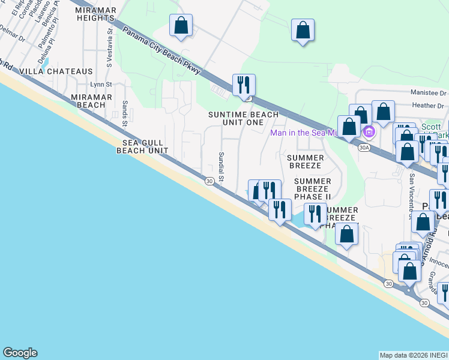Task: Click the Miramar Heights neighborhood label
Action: tap(95, 14)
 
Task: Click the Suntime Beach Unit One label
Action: tap(243, 118)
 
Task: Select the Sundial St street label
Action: tap(221, 166)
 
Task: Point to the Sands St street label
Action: tap(125, 113)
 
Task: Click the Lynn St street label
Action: tap(101, 85)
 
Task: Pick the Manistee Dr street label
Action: tap(429, 93)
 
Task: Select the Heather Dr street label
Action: tap(432, 106)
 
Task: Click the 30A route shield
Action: tap(364, 146)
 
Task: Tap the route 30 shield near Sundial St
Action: tap(209, 181)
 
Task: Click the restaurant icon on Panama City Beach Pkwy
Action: tap(244, 84)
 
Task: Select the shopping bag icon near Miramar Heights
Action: tap(181, 26)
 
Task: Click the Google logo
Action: tap(20, 353)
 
